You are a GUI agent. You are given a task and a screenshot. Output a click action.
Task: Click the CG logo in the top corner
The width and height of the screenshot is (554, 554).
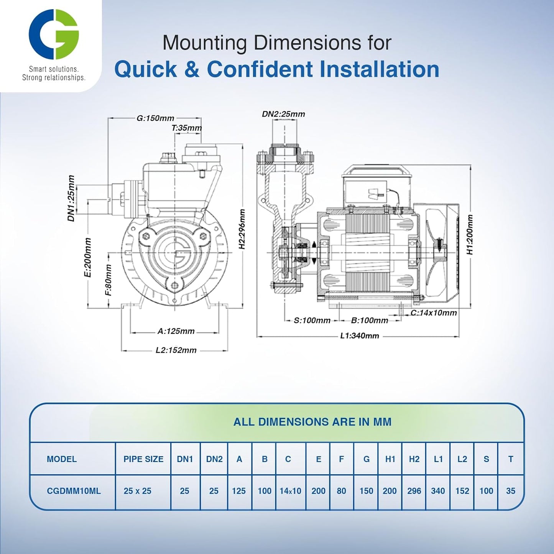coord(54,34)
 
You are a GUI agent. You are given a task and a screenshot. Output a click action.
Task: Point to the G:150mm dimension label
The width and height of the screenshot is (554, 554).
coord(155,118)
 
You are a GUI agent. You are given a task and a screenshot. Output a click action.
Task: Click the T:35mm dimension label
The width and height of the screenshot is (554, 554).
coord(187,128)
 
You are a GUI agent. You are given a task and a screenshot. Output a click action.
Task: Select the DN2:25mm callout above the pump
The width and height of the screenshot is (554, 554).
coord(283,114)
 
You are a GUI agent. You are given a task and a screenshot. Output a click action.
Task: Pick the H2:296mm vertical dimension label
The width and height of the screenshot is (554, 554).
coord(242,229)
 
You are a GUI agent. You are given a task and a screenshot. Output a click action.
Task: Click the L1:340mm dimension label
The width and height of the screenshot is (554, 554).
coord(360,336)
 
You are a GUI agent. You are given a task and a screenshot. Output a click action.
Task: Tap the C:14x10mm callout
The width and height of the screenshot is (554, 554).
coord(434,313)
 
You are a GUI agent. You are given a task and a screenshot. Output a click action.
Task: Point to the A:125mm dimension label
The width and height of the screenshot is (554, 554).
coord(176,331)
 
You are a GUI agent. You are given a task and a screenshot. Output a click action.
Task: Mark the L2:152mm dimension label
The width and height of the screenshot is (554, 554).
coord(176,350)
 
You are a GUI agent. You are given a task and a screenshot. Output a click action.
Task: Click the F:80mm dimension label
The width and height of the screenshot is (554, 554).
coord(108,280)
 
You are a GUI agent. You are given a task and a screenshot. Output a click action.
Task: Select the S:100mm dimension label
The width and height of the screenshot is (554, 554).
coord(312,321)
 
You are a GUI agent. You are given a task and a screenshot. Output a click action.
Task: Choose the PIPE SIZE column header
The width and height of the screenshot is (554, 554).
coord(143,459)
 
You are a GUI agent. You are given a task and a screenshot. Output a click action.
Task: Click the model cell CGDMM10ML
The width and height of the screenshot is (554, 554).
coord(74,491)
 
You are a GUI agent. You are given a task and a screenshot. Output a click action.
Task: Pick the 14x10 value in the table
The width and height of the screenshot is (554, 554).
coord(290,491)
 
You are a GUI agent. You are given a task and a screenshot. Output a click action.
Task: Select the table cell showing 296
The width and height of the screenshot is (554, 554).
coord(414,491)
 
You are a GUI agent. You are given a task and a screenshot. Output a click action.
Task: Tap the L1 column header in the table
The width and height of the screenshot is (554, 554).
coord(438,459)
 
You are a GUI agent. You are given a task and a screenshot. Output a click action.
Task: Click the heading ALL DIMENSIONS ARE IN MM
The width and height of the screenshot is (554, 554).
coord(312,422)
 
